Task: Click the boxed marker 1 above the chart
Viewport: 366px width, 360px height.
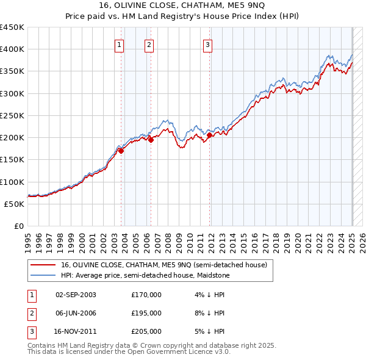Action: [x=119, y=44]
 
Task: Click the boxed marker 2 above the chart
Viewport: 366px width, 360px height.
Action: [x=149, y=44]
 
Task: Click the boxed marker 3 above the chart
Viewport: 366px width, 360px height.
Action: [x=207, y=44]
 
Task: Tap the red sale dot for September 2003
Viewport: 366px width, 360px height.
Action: [x=121, y=151]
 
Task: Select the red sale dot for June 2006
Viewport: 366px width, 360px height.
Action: [x=151, y=140]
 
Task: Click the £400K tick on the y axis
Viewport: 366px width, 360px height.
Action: [x=12, y=49]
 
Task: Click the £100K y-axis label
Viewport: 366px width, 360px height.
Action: [x=12, y=182]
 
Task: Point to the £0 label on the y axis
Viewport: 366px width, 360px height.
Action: [x=18, y=226]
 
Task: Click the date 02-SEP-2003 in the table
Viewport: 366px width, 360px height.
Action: [x=76, y=295]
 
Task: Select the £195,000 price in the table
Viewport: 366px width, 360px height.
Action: [x=146, y=313]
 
